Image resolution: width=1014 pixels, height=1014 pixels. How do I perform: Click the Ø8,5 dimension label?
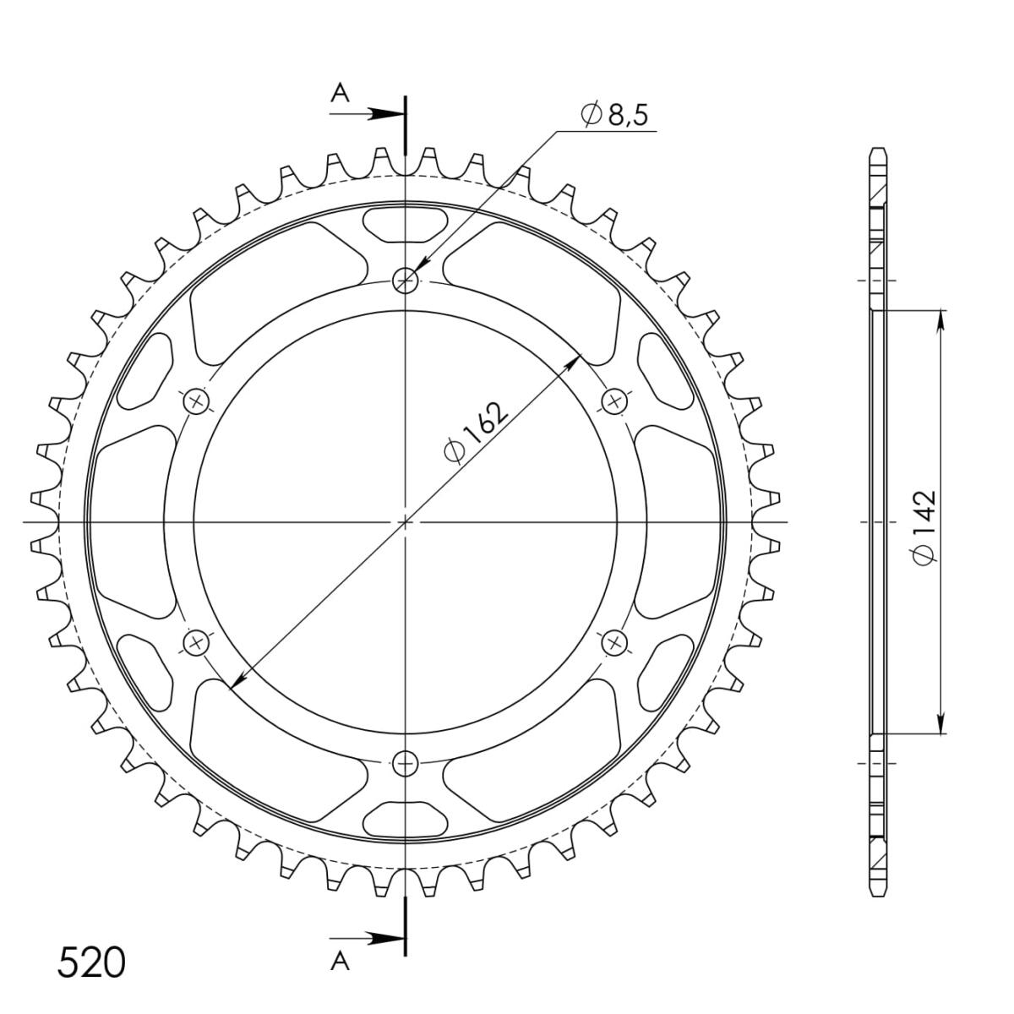pos(614,115)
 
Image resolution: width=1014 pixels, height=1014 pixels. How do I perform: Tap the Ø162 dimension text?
pos(477,433)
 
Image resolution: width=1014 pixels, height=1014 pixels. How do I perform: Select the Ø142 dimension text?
pos(924,528)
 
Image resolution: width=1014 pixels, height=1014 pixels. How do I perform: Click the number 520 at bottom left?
pos(91,962)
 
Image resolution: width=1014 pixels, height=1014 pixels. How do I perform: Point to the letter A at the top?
pos(340,94)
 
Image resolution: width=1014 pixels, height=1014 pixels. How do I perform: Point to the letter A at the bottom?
pos(340,962)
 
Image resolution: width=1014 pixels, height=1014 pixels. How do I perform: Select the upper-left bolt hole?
pos(197,402)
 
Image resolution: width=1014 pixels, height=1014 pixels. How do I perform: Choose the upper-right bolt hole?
pos(614,402)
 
